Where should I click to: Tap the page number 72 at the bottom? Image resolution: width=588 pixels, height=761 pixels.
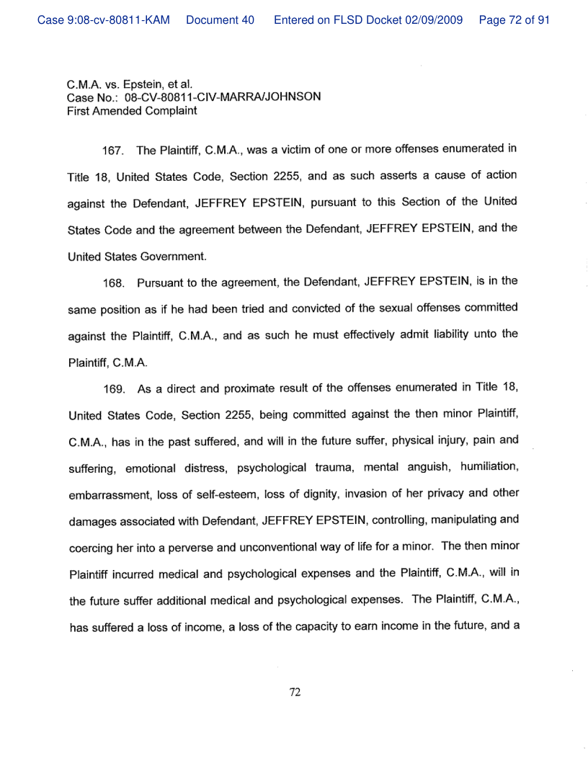click(x=294, y=693)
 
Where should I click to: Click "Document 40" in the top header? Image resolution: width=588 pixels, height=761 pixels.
click(x=220, y=20)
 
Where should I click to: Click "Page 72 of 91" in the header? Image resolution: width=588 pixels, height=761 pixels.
click(x=514, y=20)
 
